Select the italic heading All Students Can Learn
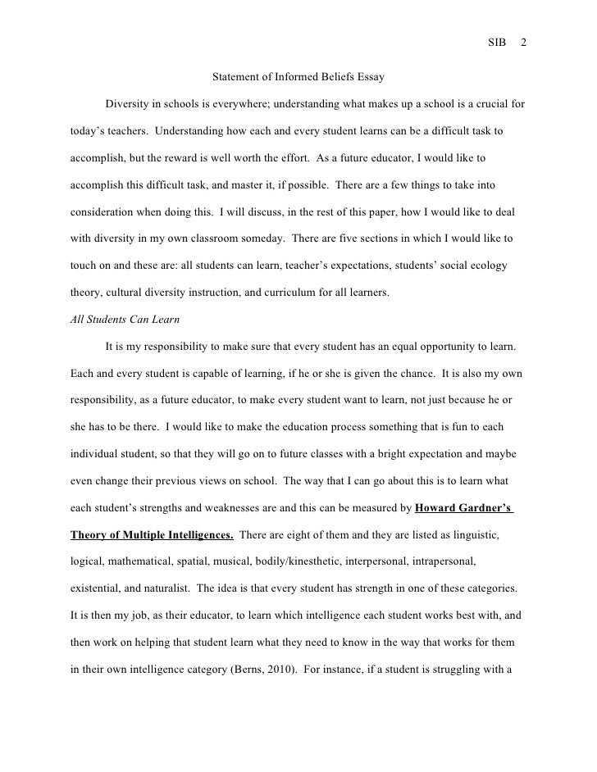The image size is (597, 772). point(121,319)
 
